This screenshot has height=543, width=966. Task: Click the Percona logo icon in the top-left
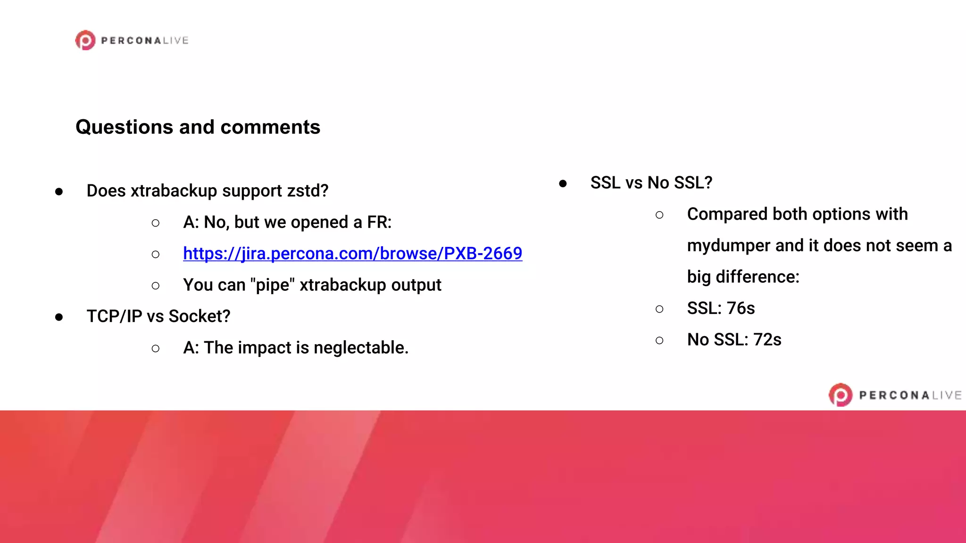point(85,41)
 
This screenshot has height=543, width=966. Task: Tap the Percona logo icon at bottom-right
point(840,395)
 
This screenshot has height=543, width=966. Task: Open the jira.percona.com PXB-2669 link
point(352,254)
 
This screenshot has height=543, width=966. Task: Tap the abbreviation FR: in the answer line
point(379,222)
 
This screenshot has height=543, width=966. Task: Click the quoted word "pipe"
point(273,285)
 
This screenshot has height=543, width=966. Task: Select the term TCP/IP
point(114,316)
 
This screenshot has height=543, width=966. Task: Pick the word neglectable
point(361,348)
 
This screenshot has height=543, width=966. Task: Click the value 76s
point(741,308)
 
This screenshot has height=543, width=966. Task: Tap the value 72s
point(767,340)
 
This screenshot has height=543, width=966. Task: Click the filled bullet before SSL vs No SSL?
point(563,183)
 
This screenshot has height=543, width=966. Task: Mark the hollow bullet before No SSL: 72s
point(659,340)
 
